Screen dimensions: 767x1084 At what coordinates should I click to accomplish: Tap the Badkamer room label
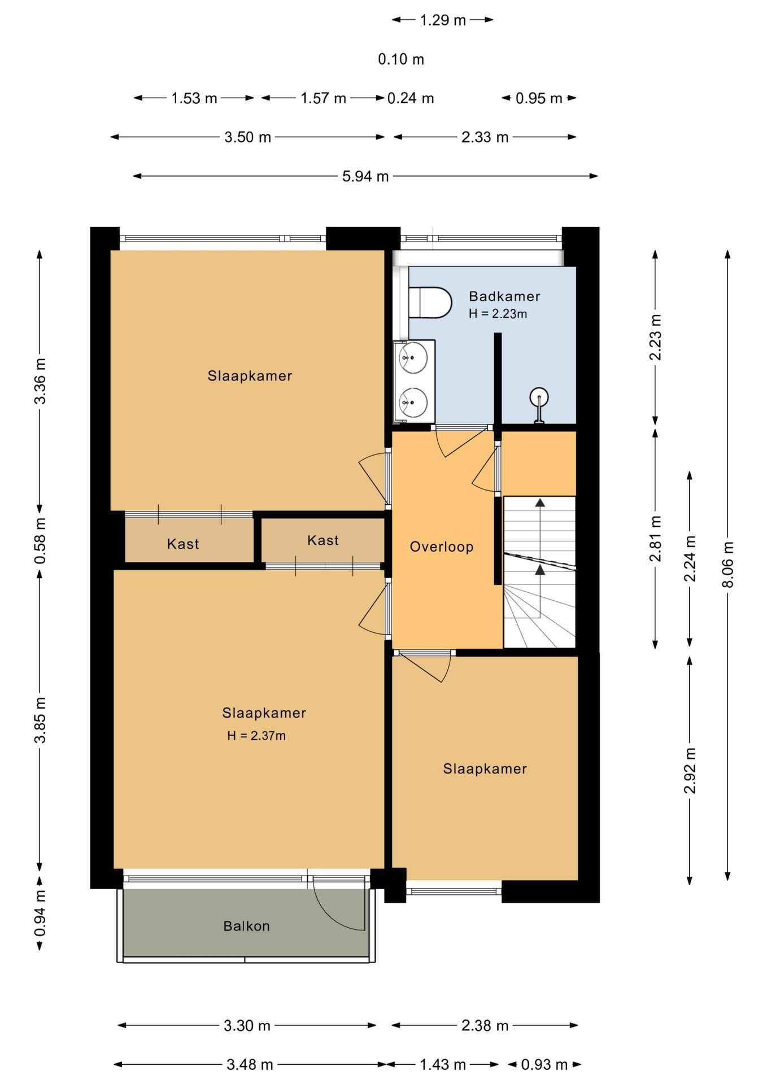[504, 296]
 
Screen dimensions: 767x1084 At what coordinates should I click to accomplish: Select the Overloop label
[442, 547]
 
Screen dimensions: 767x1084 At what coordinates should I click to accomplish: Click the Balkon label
[246, 926]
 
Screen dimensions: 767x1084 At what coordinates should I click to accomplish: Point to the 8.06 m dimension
[728, 565]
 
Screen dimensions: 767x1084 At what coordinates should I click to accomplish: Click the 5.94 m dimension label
[365, 176]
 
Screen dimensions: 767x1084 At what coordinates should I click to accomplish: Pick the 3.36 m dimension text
[40, 381]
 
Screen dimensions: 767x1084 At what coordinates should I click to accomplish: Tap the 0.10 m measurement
[401, 59]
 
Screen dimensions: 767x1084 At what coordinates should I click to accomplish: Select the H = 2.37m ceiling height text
[256, 736]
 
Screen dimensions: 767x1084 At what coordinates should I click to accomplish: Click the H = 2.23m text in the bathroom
[498, 314]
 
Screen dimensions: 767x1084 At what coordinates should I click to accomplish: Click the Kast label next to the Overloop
[323, 540]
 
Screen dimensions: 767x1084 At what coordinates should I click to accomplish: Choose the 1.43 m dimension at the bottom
[443, 1064]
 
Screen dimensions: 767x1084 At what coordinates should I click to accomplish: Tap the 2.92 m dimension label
[690, 770]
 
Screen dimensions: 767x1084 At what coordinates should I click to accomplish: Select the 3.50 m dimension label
[247, 137]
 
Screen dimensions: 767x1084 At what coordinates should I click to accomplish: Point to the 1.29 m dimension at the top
[443, 20]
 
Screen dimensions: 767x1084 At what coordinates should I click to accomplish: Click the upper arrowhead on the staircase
[541, 502]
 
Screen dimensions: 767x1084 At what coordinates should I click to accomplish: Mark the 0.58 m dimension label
[40, 540]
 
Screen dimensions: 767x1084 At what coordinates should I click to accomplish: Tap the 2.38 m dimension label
[485, 1025]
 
